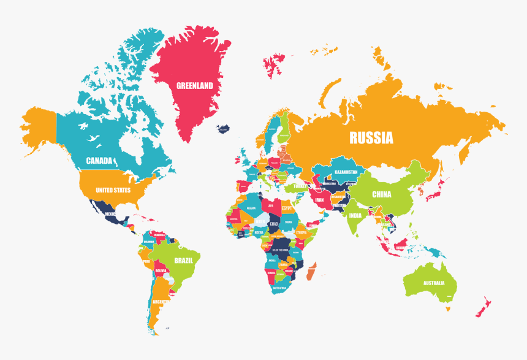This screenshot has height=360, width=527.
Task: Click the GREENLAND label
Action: coord(195,86)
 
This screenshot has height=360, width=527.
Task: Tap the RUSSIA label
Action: coord(371,138)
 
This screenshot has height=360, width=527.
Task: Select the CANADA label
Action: coord(99,161)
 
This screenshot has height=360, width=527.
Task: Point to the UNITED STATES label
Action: coord(113,190)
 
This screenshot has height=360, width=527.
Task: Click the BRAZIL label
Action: coord(184,261)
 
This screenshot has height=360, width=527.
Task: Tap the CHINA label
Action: coord(381,194)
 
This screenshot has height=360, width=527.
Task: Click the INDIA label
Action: coord(355,215)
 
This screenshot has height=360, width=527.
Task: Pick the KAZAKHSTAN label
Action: coord(346,172)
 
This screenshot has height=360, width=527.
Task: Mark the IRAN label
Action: coord(319,199)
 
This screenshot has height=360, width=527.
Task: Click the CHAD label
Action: coord(273,224)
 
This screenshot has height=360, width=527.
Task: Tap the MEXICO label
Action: coord(110,214)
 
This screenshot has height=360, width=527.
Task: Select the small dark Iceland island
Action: coord(223,129)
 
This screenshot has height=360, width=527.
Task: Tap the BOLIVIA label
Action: coord(161,270)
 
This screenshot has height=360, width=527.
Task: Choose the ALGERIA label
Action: coord(251,209)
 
